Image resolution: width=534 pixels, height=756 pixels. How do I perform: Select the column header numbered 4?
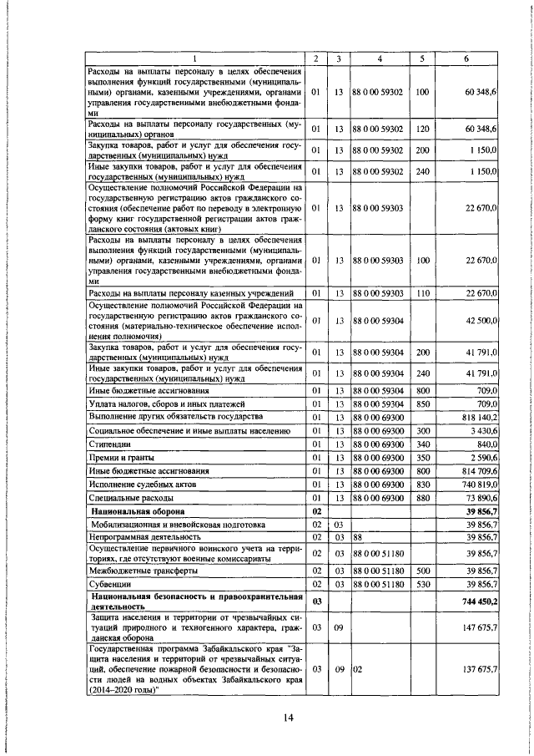tap(380, 58)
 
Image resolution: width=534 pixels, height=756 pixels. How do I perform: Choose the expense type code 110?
tap(422, 293)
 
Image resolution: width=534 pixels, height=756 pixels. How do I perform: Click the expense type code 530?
tap(422, 584)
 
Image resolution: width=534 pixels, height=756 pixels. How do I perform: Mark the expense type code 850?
tap(422, 403)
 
